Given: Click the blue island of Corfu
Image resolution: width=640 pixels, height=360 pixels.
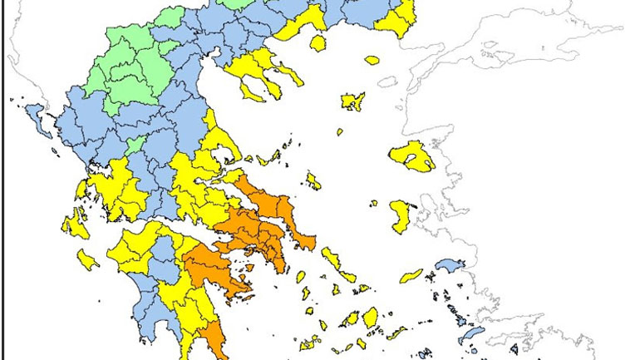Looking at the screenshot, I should [x=35, y=112].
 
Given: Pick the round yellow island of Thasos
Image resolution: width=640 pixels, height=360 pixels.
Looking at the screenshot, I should [x=318, y=43].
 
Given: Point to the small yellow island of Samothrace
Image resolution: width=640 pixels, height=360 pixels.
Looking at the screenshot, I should [x=372, y=60].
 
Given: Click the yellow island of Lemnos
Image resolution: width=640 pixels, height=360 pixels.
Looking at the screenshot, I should [x=353, y=101].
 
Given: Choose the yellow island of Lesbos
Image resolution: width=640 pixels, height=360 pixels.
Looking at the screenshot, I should [x=412, y=155].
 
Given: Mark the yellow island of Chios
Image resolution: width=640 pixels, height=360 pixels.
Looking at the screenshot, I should [x=400, y=215].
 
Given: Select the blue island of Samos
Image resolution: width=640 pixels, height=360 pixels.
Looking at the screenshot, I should [x=450, y=265].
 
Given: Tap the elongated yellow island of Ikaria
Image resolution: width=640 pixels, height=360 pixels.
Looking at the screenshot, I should [x=411, y=276].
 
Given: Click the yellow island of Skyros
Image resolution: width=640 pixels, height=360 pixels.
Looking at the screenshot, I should [x=313, y=180].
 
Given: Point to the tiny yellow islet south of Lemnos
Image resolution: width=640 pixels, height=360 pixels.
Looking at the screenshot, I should [x=340, y=131].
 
